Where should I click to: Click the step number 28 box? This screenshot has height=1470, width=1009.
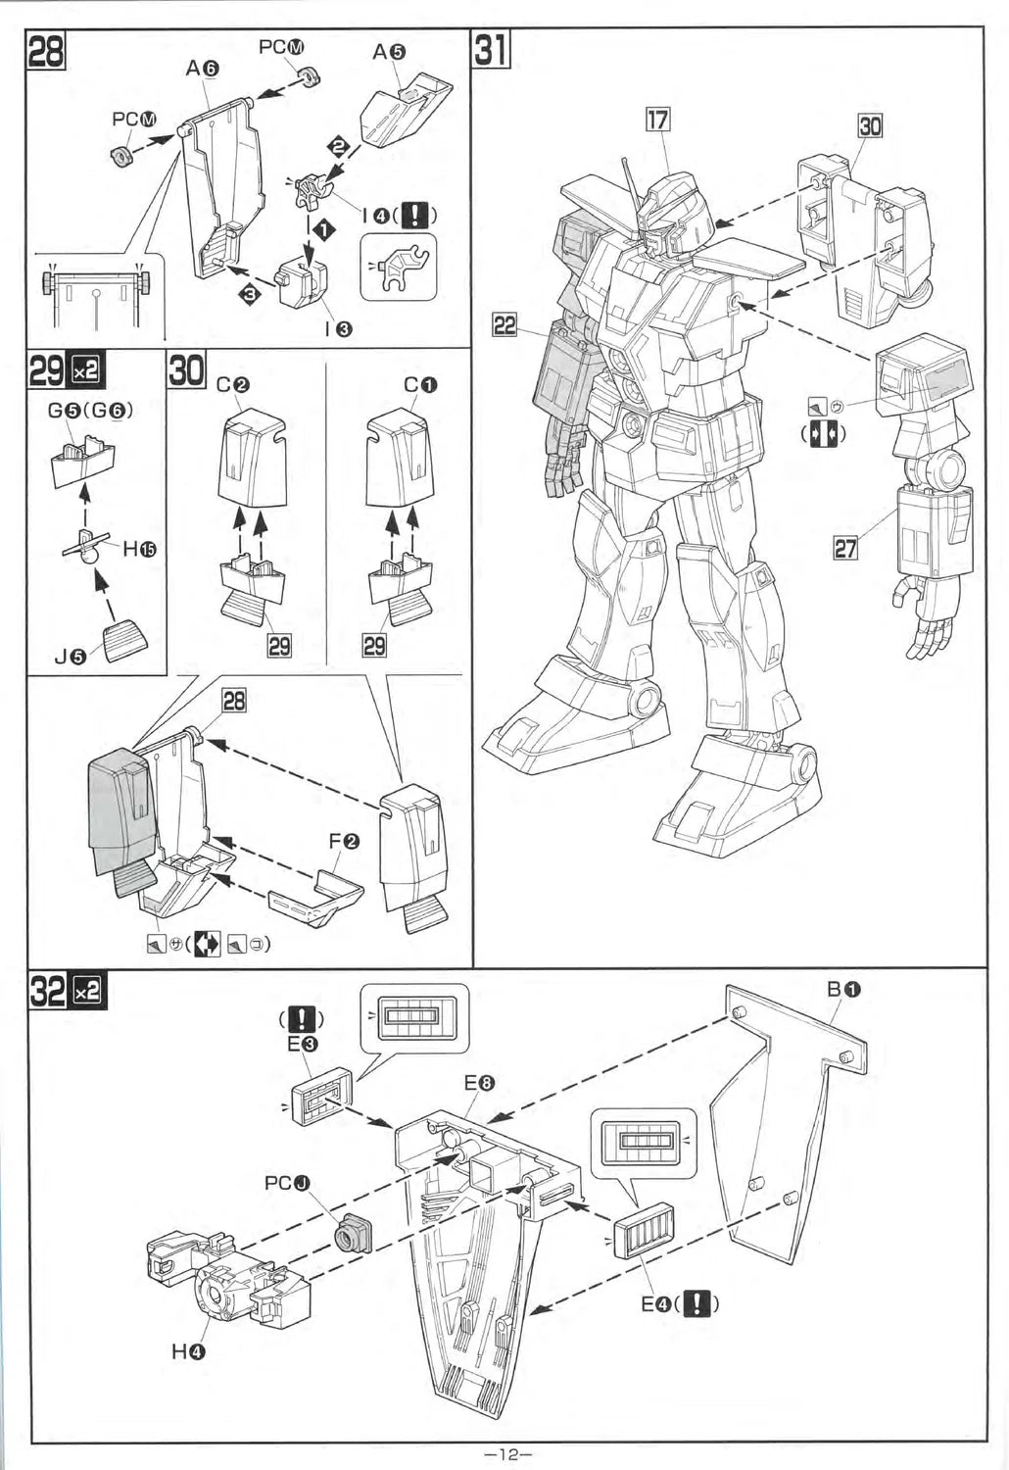[45, 51]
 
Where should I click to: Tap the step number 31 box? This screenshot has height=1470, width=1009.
[491, 50]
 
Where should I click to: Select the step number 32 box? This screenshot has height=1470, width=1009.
[50, 992]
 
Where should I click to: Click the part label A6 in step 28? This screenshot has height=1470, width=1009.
[203, 68]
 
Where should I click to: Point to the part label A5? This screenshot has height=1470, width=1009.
[388, 52]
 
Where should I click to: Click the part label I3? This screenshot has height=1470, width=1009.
[333, 329]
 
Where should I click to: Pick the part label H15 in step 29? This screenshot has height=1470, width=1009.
[139, 550]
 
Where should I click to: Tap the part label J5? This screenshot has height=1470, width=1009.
[71, 657]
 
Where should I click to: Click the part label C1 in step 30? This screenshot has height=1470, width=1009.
[420, 385]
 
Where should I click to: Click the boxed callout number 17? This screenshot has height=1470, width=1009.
[657, 120]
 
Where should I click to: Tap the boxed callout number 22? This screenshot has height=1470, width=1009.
[504, 324]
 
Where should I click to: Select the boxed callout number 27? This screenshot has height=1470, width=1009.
[845, 547]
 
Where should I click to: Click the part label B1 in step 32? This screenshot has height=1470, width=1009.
[843, 990]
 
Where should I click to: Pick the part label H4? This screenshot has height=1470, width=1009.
[189, 1351]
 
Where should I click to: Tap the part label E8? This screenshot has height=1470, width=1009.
[479, 1084]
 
